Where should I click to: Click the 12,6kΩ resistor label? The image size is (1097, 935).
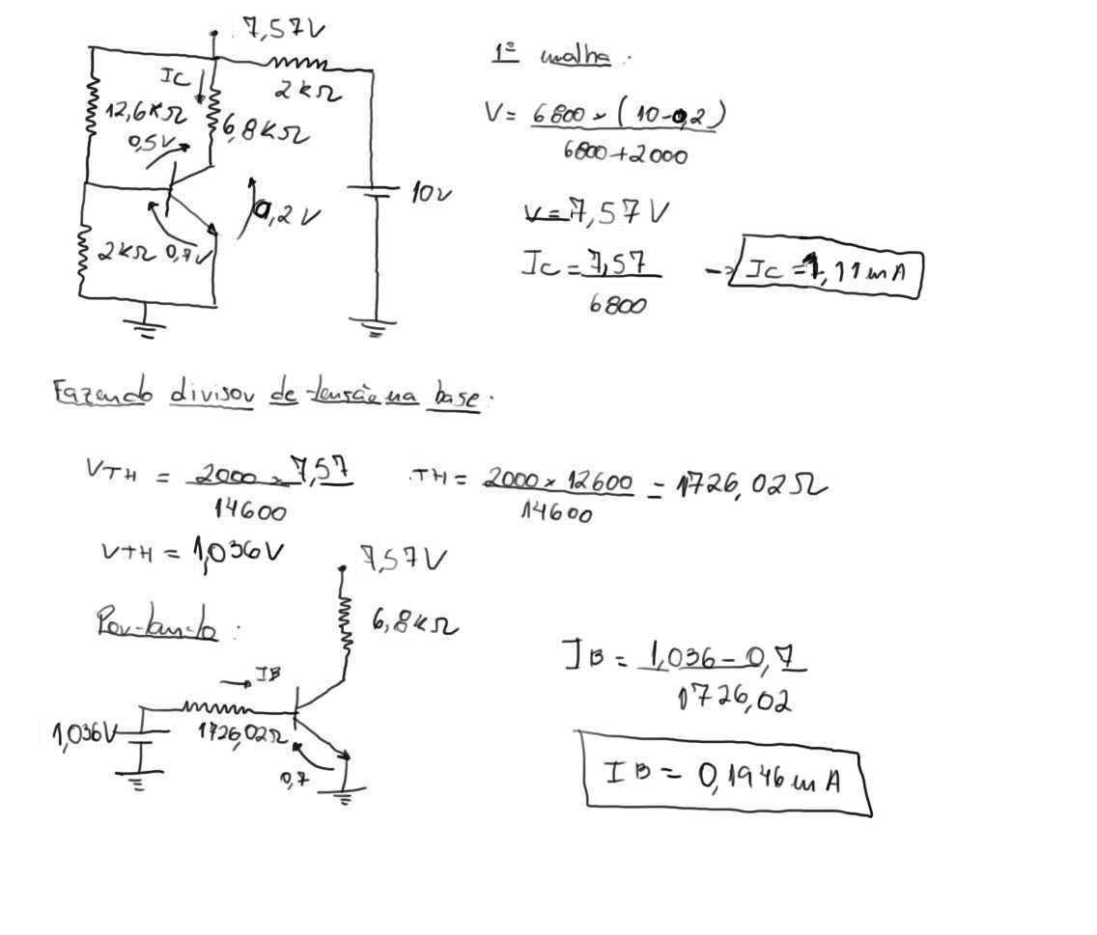144,114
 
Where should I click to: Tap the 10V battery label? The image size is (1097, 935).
431,193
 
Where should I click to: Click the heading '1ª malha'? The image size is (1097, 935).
551,55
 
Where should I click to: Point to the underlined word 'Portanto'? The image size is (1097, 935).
156,624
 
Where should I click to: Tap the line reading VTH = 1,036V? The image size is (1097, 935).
192,552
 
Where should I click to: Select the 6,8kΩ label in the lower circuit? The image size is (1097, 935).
414,624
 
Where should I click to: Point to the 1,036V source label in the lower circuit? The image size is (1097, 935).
84,736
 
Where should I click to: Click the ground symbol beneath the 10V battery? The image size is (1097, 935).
375,328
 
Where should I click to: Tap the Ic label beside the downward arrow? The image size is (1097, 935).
175,77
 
